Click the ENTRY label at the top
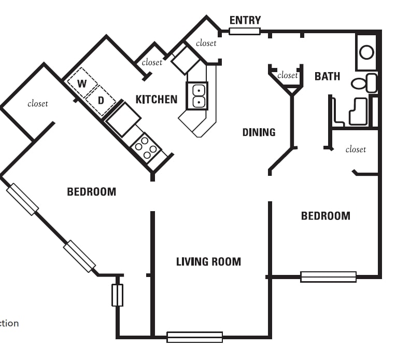245,20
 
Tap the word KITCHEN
157,99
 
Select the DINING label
259,132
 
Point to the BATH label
328,76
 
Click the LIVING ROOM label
208,261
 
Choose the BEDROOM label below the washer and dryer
92,192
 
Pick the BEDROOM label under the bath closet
326,216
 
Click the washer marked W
82,84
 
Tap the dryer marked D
101,100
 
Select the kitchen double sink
197,96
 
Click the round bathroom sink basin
367,52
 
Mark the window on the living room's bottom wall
194,337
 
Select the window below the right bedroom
328,277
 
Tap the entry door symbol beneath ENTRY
245,31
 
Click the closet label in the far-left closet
37,104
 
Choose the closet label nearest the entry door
206,43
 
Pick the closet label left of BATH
287,75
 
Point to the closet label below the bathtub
356,149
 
